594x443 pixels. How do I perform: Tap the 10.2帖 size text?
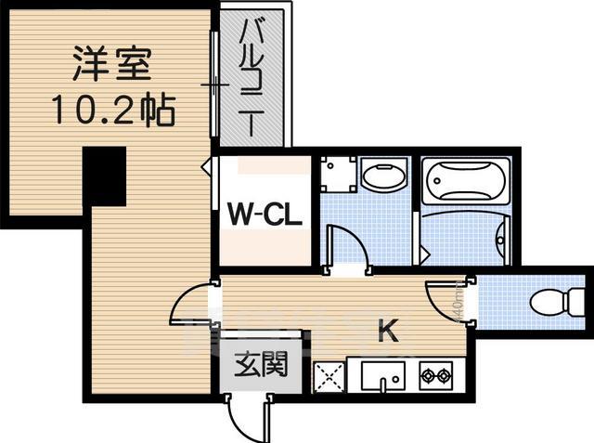pos(112,111)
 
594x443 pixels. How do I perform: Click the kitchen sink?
pos(381,377)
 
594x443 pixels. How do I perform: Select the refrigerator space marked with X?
pos(329,376)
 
